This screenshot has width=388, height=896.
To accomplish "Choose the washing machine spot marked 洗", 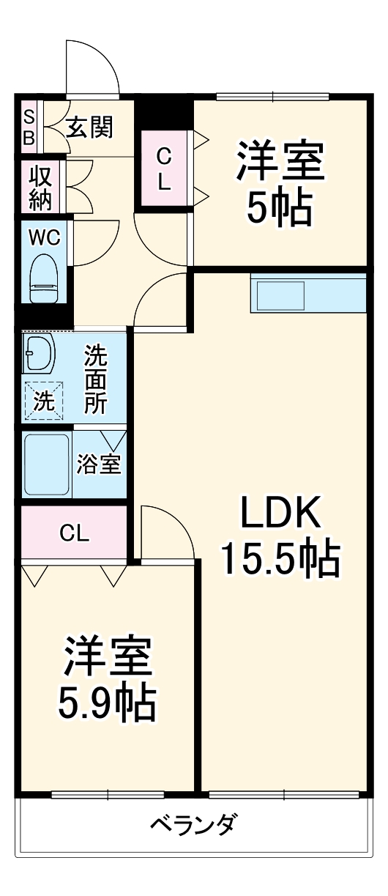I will tap(44, 401).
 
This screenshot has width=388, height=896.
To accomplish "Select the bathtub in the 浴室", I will tap(46, 464).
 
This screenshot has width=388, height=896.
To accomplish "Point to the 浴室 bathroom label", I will tap(99, 465).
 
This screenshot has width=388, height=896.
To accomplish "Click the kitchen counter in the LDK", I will tap(307, 292).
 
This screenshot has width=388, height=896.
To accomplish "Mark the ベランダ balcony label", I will tap(193, 826).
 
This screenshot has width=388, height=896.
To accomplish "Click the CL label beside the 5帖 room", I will tap(164, 169).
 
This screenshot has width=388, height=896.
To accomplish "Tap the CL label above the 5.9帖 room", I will tap(74, 533).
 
